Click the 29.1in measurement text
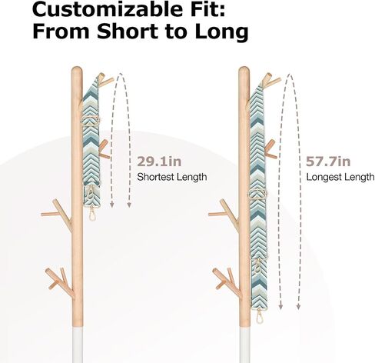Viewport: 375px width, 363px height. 159,162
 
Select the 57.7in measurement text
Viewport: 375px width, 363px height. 328,162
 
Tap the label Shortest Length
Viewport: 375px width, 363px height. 172,177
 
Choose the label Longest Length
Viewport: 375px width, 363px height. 340,177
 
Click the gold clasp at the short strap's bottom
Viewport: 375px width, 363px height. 91,213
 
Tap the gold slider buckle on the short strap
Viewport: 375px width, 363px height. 91,121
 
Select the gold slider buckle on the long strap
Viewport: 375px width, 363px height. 257,193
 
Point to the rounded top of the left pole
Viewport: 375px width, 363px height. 77,70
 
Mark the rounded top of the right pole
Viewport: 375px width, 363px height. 244,70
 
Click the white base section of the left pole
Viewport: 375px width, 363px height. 78,345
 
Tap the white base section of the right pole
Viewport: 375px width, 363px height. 244,345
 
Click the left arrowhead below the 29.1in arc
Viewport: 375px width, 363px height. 112,205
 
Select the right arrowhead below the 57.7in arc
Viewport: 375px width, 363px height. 298,306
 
